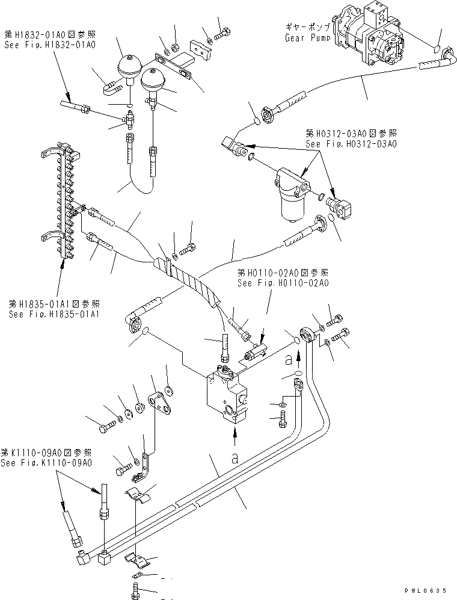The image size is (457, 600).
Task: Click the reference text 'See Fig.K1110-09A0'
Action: (46, 463)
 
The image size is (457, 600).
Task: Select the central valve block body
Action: (227, 394)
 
